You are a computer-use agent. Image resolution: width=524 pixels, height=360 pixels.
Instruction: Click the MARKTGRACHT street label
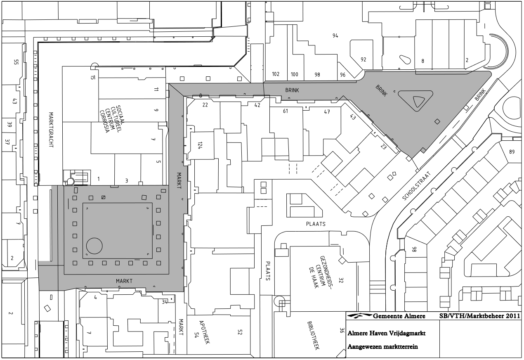point(51,130)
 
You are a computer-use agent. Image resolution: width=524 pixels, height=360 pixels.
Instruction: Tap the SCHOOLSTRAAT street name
point(417,186)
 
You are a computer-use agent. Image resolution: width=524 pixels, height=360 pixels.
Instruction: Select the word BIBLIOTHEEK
point(314,335)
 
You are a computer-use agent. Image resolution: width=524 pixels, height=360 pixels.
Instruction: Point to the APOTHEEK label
point(204,332)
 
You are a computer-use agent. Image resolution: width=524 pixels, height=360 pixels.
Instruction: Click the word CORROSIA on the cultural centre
point(104,121)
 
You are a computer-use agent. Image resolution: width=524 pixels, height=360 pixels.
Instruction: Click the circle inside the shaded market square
point(94,246)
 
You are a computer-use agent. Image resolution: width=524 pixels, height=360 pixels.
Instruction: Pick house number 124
point(200,145)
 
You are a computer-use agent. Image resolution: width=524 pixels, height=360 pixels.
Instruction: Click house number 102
point(276,74)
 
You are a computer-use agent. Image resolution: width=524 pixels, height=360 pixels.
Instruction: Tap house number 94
point(335,36)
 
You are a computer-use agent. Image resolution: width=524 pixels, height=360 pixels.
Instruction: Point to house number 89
point(512,152)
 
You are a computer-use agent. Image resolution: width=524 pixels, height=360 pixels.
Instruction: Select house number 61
point(286,111)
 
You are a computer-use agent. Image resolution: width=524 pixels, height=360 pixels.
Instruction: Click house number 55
point(16,62)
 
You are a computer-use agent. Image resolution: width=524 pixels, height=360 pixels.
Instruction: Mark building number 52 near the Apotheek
point(240,332)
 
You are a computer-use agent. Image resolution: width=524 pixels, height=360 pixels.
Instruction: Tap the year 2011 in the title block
point(513,316)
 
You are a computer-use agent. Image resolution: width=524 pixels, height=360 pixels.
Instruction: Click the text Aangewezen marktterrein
point(382,346)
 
